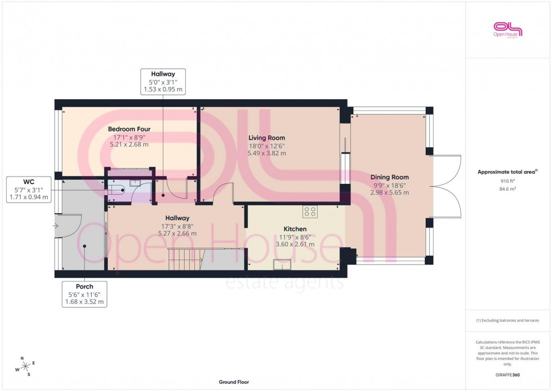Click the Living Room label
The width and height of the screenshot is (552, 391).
(267, 138)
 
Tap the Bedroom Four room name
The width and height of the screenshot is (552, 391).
(129, 129)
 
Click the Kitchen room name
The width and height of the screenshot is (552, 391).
(295, 229)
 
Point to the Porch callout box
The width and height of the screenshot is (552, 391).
(84, 293)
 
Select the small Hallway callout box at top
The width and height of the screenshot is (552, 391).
(163, 81)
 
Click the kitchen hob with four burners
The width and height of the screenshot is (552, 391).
(310, 211)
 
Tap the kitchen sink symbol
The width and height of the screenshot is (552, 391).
(282, 264)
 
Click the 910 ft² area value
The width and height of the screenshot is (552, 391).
(508, 181)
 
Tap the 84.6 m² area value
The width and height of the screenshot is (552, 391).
(508, 189)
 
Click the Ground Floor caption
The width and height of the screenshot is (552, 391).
(234, 382)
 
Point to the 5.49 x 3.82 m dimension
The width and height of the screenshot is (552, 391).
(267, 153)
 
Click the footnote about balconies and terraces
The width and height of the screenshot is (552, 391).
(508, 320)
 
